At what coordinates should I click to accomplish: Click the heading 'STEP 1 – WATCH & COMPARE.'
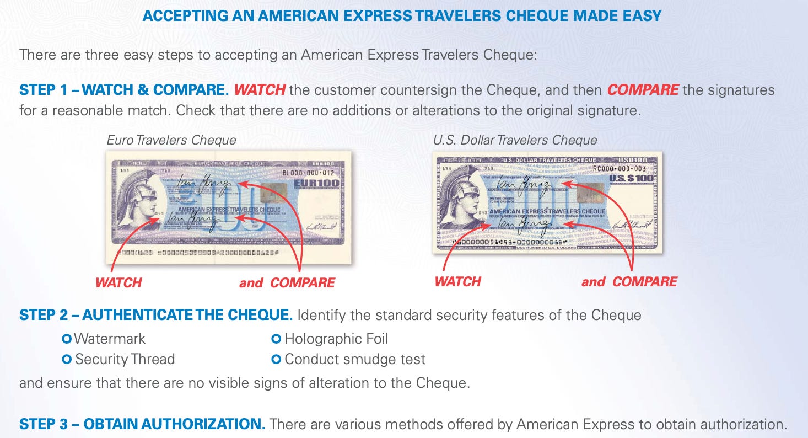[124, 90]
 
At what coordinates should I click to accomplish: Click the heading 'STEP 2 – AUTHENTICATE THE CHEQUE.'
[155, 316]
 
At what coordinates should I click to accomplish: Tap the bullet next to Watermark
[67, 338]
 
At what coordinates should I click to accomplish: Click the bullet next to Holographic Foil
[277, 338]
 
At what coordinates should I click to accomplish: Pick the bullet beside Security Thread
[67, 360]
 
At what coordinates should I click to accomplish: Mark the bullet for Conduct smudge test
[277, 360]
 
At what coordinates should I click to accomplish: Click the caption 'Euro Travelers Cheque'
[171, 140]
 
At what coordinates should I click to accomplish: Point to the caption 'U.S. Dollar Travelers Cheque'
[515, 140]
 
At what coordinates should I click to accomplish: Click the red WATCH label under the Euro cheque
[118, 283]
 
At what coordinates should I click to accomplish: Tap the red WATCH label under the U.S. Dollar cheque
[457, 282]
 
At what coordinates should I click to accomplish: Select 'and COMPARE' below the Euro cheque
[287, 283]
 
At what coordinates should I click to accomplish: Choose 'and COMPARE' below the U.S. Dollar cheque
[629, 282]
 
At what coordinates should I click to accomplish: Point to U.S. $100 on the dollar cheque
[631, 178]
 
